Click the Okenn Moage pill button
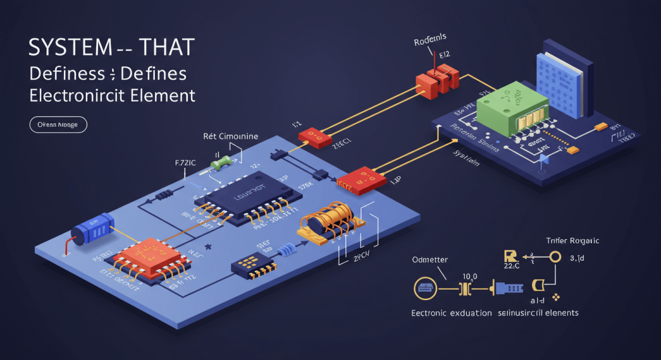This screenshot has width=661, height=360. [58, 125]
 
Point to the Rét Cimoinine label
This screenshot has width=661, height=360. [230, 136]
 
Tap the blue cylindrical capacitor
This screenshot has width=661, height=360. [93, 228]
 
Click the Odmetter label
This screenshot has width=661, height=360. [429, 259]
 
